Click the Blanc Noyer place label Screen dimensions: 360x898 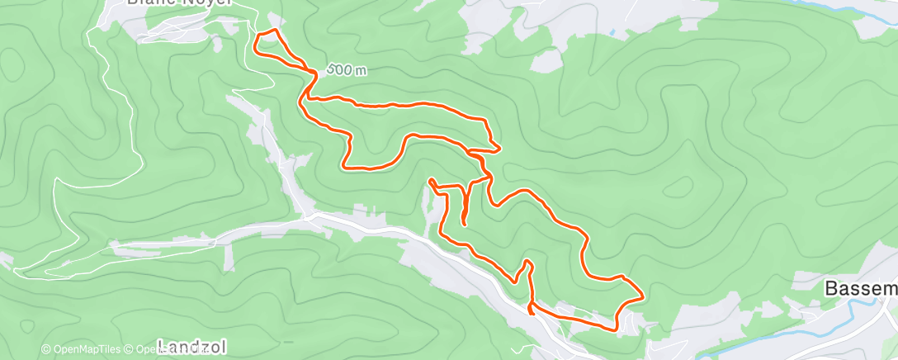179,3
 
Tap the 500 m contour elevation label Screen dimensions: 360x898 347,70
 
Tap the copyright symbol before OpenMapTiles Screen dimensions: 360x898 46,349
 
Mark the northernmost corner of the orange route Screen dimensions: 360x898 273,31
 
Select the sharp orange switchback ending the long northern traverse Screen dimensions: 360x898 499,148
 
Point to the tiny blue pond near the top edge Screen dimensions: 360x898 612,33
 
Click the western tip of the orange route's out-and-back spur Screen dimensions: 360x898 431,179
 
